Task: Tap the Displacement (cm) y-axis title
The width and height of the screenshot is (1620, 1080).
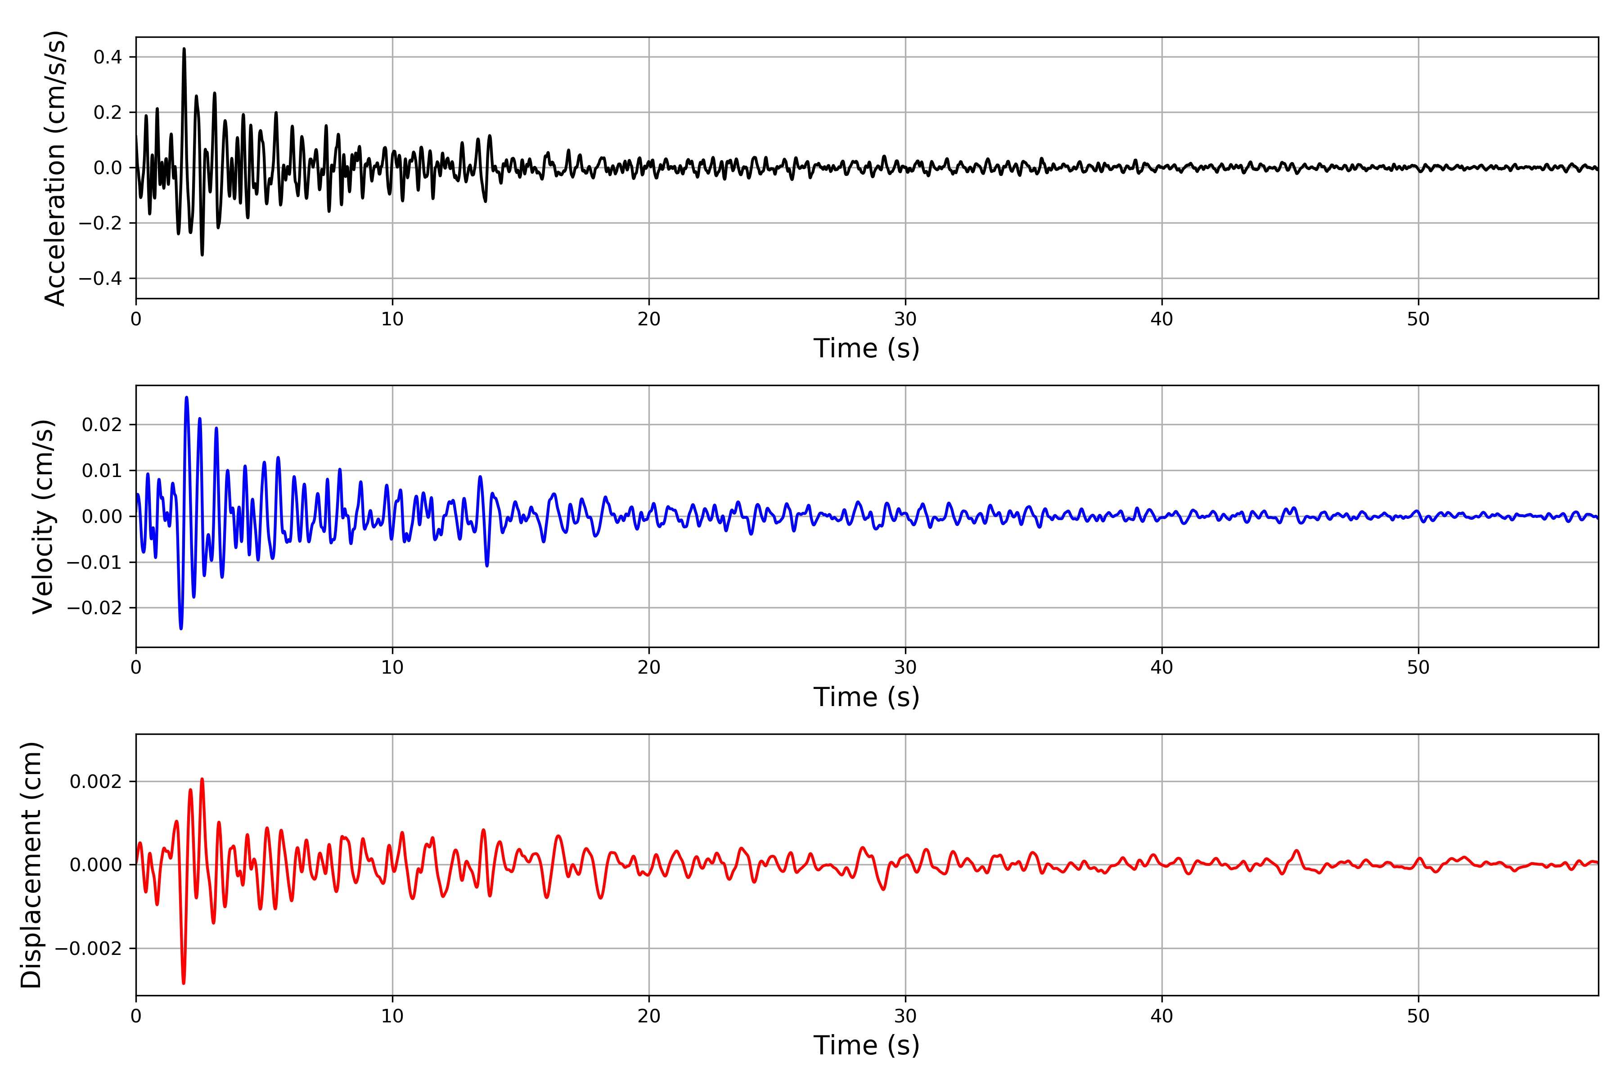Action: point(31,864)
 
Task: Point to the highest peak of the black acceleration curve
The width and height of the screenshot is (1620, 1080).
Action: point(184,49)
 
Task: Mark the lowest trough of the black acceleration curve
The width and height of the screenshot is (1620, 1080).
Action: point(202,255)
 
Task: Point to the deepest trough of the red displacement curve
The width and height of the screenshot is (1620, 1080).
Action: point(183,983)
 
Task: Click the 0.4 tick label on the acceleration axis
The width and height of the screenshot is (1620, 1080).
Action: point(108,57)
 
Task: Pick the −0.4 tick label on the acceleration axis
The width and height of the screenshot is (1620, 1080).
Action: point(100,278)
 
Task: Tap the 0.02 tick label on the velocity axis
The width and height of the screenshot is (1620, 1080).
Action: point(102,424)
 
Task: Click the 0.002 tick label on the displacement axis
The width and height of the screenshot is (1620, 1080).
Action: point(96,781)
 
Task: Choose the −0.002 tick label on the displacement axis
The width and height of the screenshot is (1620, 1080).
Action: point(88,949)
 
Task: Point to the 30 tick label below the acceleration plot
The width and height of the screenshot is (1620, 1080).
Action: point(905,319)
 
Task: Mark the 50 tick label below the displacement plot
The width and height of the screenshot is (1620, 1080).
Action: point(1418,1016)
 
